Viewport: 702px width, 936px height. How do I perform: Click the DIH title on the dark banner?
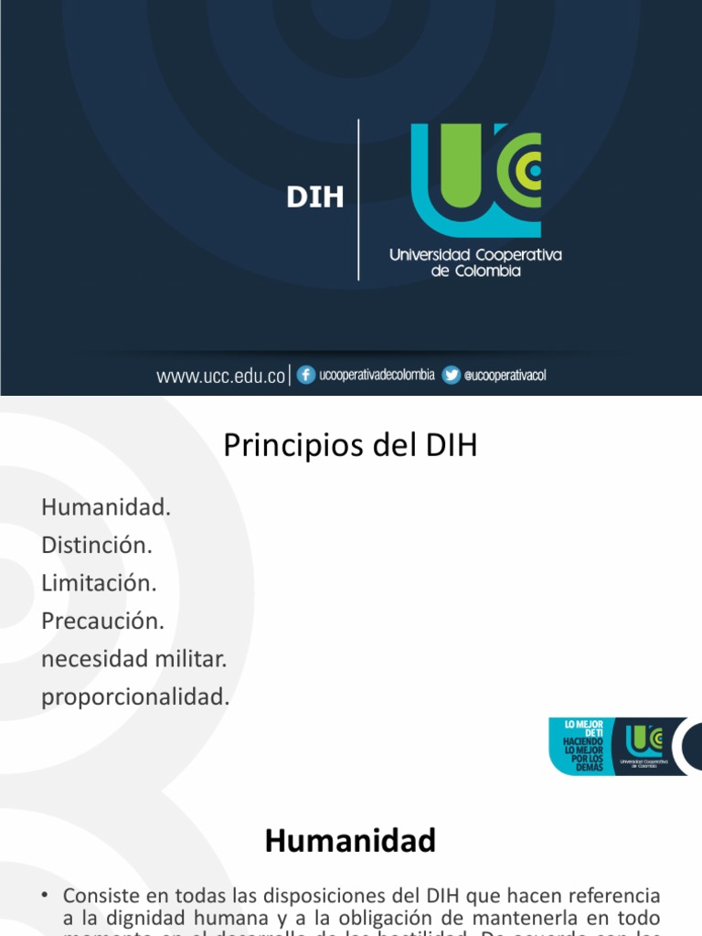pos(315,197)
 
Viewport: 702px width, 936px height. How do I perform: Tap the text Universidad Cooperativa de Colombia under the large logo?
pos(475,262)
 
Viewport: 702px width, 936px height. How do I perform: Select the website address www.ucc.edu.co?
pos(221,376)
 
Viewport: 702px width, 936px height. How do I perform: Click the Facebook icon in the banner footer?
pos(306,375)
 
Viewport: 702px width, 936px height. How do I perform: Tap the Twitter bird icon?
pos(451,375)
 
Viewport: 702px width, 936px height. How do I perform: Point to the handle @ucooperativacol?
pos(505,376)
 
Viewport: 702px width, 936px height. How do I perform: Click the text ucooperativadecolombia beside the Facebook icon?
pos(377,376)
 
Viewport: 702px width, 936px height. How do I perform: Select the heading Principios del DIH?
pos(350,447)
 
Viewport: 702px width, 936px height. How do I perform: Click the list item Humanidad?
pos(106,506)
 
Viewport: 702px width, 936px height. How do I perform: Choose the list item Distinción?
pos(96,545)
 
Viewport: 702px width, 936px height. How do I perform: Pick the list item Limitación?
pos(99,582)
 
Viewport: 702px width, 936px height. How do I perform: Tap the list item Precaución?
pos(102,621)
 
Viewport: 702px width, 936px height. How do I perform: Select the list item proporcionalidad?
pos(135,697)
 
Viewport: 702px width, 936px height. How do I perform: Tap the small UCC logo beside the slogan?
pos(644,743)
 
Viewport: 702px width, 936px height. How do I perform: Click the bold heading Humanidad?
pos(350,841)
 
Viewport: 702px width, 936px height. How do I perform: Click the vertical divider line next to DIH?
pos(358,199)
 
